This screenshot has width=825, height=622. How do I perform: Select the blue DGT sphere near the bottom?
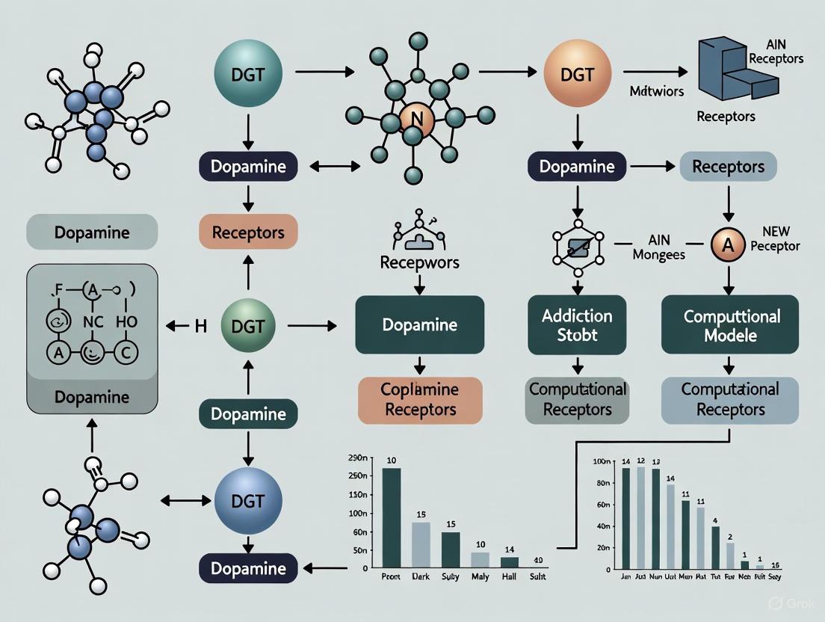pyautogui.click(x=248, y=500)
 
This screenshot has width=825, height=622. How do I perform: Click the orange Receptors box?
pyautogui.click(x=248, y=232)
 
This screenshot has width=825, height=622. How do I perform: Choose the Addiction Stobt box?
pyautogui.click(x=578, y=325)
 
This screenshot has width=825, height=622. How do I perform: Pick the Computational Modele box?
pyautogui.click(x=729, y=325)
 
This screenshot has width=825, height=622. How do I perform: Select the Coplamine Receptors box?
pyautogui.click(x=420, y=400)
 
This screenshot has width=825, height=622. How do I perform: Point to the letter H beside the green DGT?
pyautogui.click(x=200, y=325)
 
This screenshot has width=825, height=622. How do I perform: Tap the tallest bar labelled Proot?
pyautogui.click(x=391, y=516)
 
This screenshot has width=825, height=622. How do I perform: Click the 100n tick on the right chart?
pyautogui.click(x=601, y=462)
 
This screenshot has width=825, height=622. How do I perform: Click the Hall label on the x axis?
pyautogui.click(x=509, y=577)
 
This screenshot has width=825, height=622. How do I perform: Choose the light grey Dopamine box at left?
pyautogui.click(x=92, y=232)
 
